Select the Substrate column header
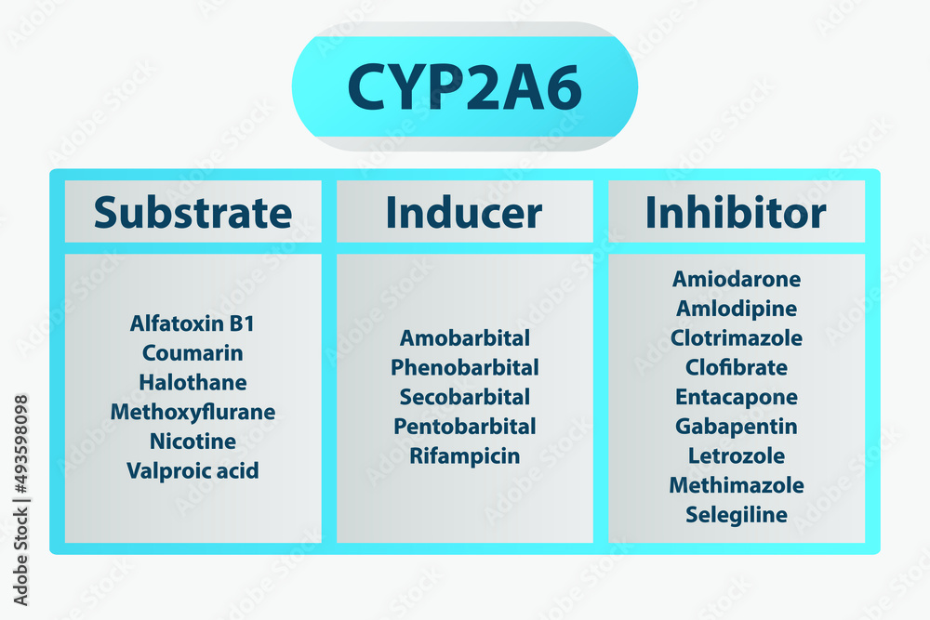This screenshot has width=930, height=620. tap(193, 212)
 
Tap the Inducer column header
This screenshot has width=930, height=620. tap(464, 212)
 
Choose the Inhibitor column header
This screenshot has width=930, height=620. tap(736, 212)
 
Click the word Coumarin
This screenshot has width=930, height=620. tap(193, 353)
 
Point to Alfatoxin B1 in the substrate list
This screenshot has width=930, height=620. tap(193, 323)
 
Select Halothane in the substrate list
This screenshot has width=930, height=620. tap(193, 382)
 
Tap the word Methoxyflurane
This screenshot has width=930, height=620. tap(193, 412)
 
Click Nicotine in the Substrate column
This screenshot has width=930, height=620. tap(193, 441)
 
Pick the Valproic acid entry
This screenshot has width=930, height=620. tap(193, 470)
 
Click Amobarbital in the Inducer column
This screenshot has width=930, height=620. tap(465, 337)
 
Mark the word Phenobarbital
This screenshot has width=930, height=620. tap(465, 367)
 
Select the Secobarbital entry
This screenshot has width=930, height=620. tap(465, 397)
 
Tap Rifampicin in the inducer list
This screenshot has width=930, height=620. tap(465, 455)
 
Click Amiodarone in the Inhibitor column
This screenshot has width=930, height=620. tap(737, 279)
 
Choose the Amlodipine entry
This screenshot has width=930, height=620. tap(737, 309)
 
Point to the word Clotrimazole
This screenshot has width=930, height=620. tap(737, 337)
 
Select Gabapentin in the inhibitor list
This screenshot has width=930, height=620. tap(737, 426)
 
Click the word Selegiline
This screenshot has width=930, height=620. tap(737, 514)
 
